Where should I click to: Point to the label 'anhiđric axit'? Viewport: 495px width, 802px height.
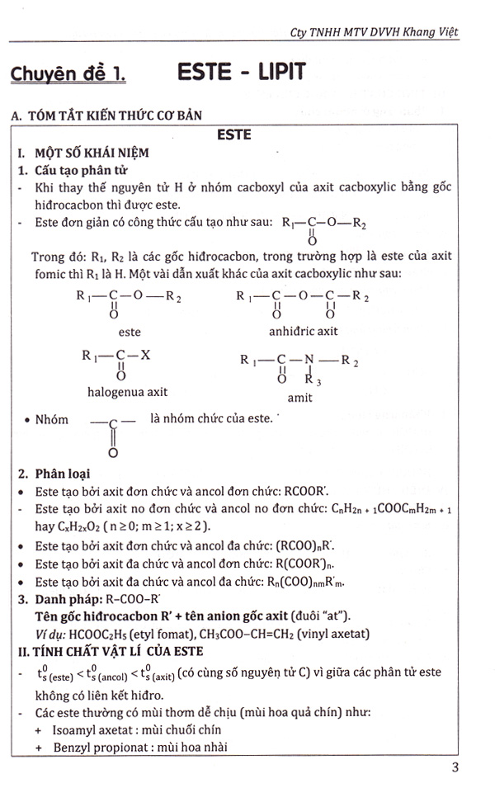[304, 332]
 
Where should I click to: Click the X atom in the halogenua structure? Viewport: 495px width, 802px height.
[144, 356]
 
